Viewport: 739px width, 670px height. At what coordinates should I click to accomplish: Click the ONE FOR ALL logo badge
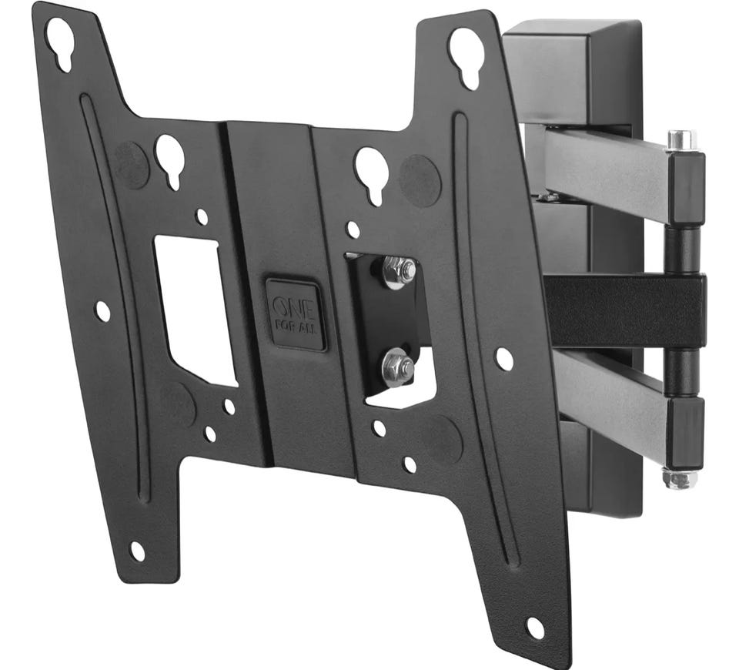[296, 313]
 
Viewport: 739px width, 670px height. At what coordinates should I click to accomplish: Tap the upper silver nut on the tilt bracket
[400, 273]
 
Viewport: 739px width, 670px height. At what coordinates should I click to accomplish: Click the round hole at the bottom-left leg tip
[137, 551]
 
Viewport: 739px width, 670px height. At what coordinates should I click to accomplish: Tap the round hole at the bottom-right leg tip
[535, 627]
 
